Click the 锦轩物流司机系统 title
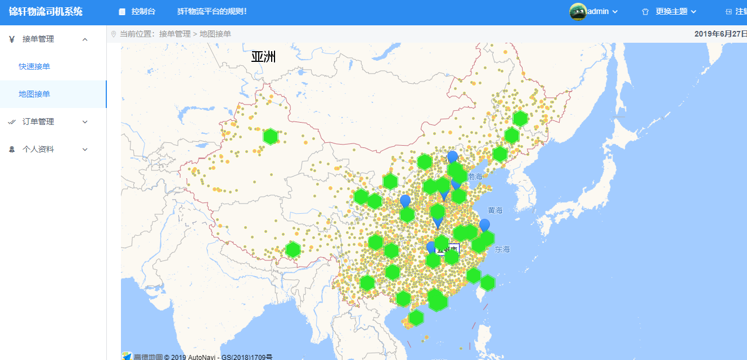tap(46, 11)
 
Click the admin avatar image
tap(578, 11)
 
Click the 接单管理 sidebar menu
tap(38, 39)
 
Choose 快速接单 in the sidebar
tap(34, 66)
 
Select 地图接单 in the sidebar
tap(34, 94)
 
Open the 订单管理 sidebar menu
tap(38, 121)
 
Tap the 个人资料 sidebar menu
tap(38, 149)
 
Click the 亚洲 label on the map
tap(263, 57)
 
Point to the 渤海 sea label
tap(475, 177)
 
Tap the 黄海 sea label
tap(495, 210)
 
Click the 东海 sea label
tap(502, 249)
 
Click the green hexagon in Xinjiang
tap(271, 137)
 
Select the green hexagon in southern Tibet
tap(293, 250)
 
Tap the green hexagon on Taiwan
tap(488, 283)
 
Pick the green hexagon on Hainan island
tap(416, 317)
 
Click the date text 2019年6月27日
tap(721, 34)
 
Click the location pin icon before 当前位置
tap(114, 34)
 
